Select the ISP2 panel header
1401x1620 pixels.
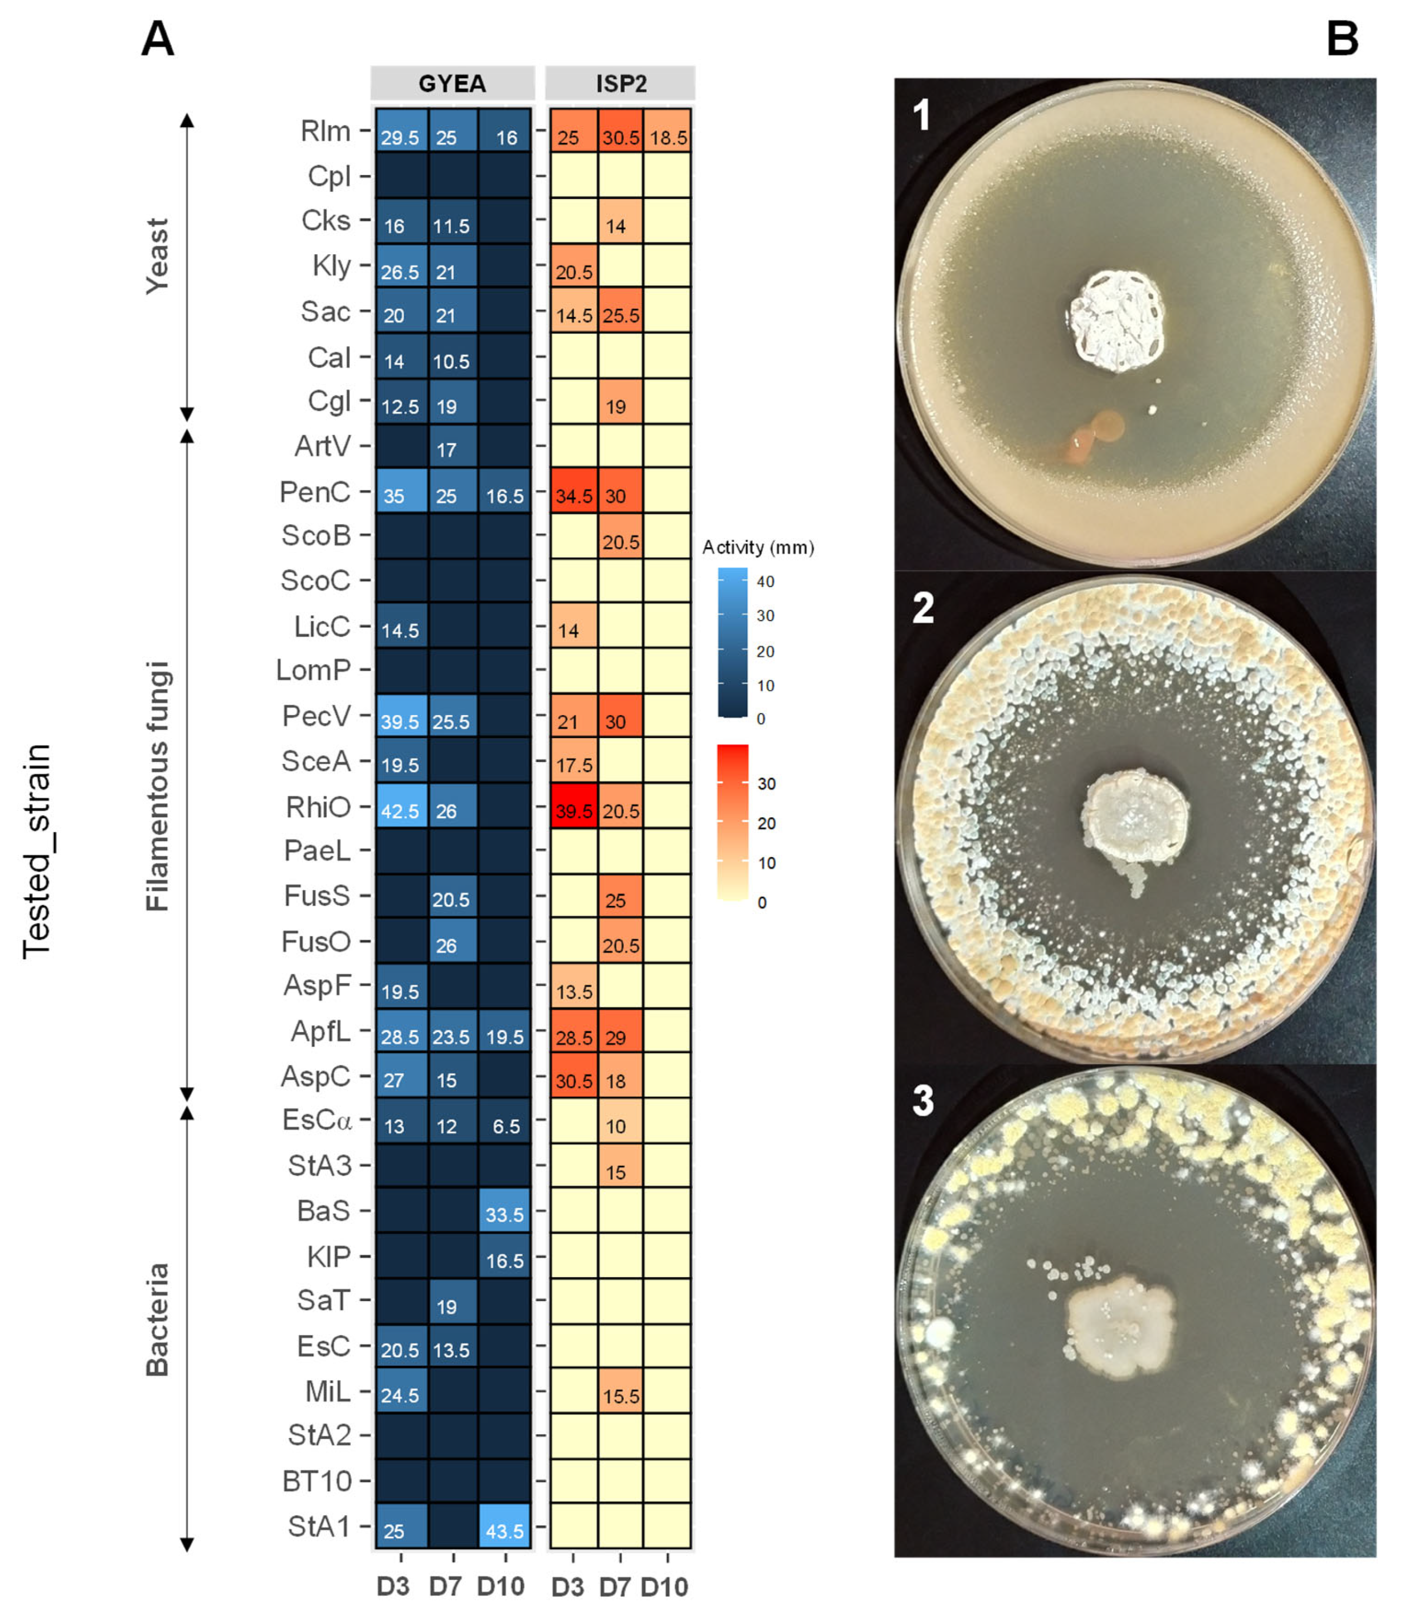point(621,83)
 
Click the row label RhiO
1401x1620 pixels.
point(318,806)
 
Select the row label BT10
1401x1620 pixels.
point(317,1481)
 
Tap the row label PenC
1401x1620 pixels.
point(315,491)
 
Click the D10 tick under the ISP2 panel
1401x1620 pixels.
point(665,1586)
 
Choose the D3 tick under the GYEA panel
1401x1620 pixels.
point(393,1586)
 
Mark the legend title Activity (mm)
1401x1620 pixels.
point(758,547)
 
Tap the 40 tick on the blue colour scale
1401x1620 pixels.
point(765,581)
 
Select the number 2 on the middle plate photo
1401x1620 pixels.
point(923,608)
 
